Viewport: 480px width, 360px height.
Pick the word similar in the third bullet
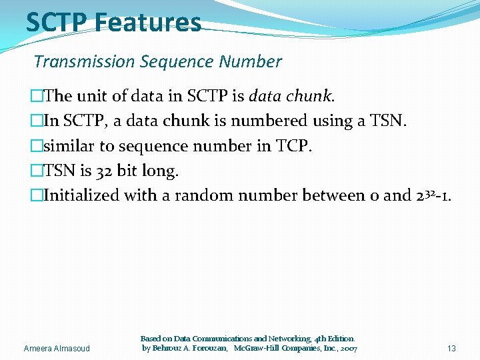pos(69,146)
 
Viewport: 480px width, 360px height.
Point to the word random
pos(213,196)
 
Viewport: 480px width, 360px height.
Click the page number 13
pos(451,348)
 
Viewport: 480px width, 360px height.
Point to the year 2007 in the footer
pos(347,349)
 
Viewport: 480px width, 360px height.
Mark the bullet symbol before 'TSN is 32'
pos(37,171)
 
